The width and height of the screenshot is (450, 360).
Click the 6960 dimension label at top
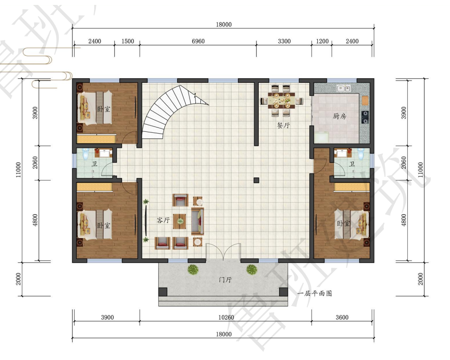click(198, 41)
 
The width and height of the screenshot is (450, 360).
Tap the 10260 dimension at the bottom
click(226, 317)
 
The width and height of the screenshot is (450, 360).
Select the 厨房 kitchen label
click(339, 116)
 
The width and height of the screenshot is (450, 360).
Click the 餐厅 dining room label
click(283, 126)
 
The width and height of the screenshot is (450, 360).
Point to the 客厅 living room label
click(163, 220)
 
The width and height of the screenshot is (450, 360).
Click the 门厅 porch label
click(225, 279)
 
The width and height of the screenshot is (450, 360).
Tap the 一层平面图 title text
click(315, 293)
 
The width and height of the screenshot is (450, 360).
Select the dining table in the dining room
click(282, 100)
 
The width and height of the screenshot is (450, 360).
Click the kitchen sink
click(343, 88)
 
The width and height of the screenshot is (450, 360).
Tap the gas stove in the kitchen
click(365, 117)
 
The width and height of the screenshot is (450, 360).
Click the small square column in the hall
click(256, 180)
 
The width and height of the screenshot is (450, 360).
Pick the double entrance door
click(223, 252)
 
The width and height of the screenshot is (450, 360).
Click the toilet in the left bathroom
click(85, 154)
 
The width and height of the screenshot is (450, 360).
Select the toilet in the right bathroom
click(361, 154)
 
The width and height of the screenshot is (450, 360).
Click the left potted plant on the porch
click(193, 269)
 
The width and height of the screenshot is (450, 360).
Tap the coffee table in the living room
click(180, 221)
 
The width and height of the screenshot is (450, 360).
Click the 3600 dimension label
click(342, 317)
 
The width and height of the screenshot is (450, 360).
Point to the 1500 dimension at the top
click(128, 41)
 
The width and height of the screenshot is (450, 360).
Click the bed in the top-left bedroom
click(94, 108)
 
